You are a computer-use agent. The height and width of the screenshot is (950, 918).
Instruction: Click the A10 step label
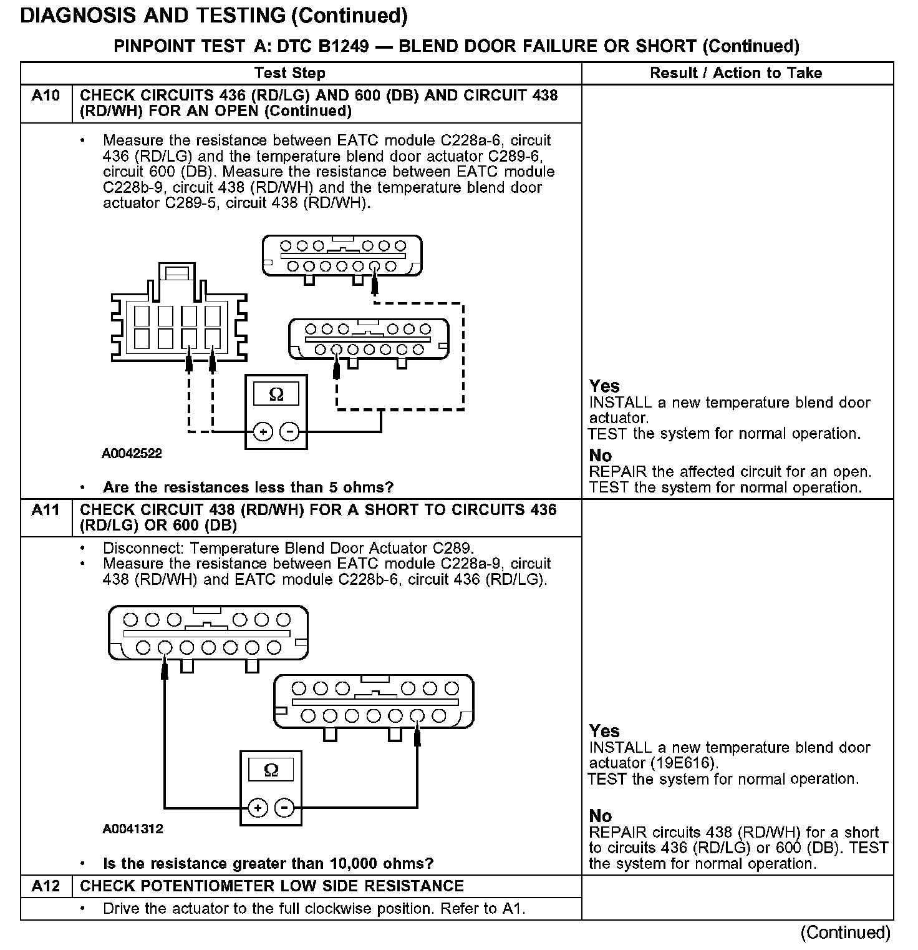46,95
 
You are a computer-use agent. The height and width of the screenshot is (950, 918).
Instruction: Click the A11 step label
46,510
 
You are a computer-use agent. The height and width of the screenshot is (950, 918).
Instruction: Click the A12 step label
46,886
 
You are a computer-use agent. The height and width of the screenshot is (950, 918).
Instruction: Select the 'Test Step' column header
290,73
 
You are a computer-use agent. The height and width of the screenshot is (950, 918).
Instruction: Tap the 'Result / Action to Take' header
736,73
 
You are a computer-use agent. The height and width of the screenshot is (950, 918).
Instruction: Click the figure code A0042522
132,454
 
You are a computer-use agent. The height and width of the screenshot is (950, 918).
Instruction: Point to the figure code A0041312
133,829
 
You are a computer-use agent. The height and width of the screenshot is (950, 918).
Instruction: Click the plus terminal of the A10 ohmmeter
263,431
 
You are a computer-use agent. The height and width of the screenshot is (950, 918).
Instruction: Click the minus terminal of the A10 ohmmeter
289,431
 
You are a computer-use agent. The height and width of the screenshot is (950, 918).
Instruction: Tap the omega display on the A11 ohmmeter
271,769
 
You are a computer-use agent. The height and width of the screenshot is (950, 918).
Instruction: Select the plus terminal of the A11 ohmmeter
258,808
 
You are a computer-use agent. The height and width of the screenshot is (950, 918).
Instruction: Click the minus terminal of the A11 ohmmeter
284,808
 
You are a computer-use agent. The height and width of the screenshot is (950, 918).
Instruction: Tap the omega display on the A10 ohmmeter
276,394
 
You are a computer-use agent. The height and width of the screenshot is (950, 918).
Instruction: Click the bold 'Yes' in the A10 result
604,386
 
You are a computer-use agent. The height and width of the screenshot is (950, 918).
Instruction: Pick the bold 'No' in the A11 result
600,816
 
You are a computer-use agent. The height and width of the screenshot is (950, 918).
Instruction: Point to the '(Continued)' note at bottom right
846,932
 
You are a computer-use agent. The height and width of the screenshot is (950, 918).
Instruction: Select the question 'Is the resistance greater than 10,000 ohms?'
268,864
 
